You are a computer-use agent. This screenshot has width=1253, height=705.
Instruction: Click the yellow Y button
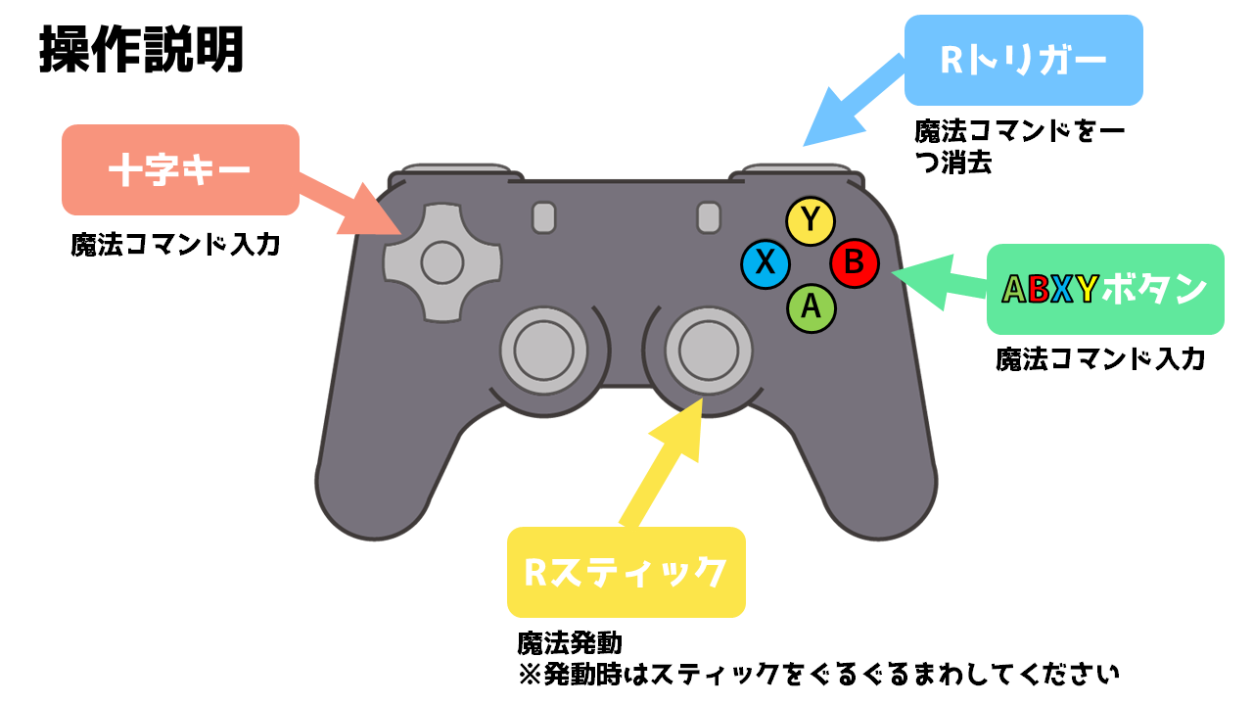click(810, 221)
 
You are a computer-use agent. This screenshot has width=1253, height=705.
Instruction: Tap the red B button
click(855, 262)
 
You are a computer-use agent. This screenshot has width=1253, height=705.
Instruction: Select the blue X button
click(766, 264)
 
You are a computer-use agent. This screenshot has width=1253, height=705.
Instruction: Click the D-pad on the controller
click(441, 261)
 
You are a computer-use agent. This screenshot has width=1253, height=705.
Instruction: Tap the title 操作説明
click(141, 51)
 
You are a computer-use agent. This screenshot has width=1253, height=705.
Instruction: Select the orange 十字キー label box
click(179, 170)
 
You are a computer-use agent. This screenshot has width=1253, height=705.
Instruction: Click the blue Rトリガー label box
click(1023, 61)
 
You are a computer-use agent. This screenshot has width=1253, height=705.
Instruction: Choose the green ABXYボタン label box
click(1104, 289)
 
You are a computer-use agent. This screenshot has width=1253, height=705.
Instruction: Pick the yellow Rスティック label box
click(626, 572)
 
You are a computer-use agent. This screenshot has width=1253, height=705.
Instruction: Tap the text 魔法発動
click(570, 643)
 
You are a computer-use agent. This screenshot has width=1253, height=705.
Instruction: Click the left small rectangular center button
click(544, 217)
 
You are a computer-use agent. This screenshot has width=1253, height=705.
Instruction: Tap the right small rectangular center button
click(709, 217)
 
